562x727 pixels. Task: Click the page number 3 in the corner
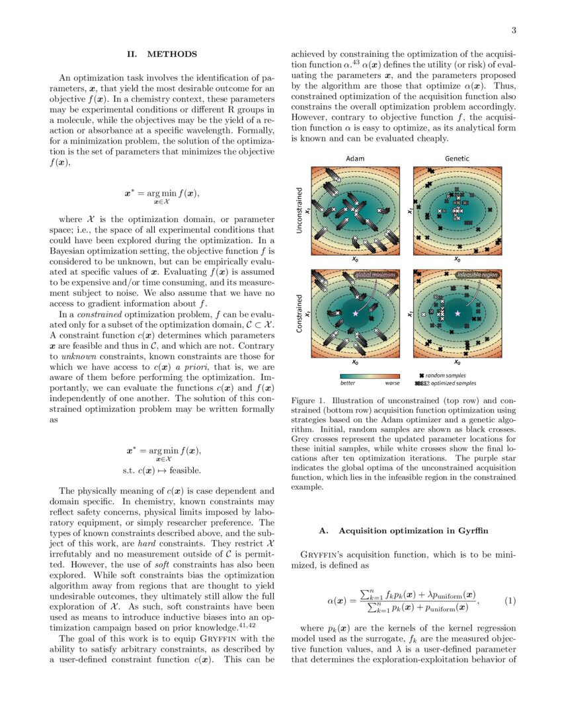tap(513, 30)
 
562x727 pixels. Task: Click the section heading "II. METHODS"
tap(162, 54)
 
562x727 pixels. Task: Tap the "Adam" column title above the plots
tap(355, 159)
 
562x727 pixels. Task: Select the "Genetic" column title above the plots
tap(457, 159)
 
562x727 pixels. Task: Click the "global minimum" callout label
tap(375, 274)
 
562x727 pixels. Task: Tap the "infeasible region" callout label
tap(477, 274)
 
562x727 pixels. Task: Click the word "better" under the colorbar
tap(348, 383)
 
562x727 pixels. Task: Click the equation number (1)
tap(510, 601)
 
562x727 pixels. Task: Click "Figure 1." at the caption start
tap(309, 401)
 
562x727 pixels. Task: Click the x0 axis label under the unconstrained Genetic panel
tap(457, 259)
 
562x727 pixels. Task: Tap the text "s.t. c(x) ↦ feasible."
tap(162, 471)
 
